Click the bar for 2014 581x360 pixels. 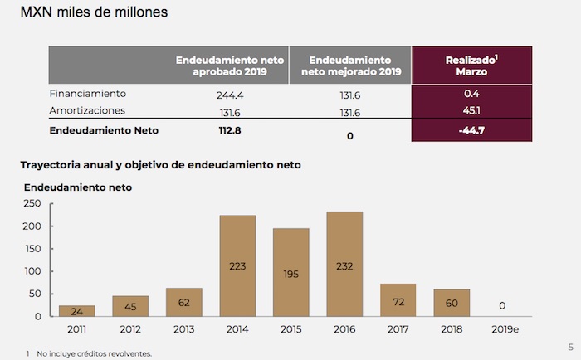(x=237, y=265)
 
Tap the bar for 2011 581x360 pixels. (x=77, y=311)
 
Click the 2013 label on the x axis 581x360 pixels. (x=184, y=329)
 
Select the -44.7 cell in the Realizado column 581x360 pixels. (x=471, y=130)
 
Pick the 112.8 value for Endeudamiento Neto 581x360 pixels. (x=229, y=130)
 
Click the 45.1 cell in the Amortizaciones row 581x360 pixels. (x=471, y=110)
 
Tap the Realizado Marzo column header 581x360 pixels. (x=471, y=66)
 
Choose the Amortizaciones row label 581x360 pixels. (x=87, y=110)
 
